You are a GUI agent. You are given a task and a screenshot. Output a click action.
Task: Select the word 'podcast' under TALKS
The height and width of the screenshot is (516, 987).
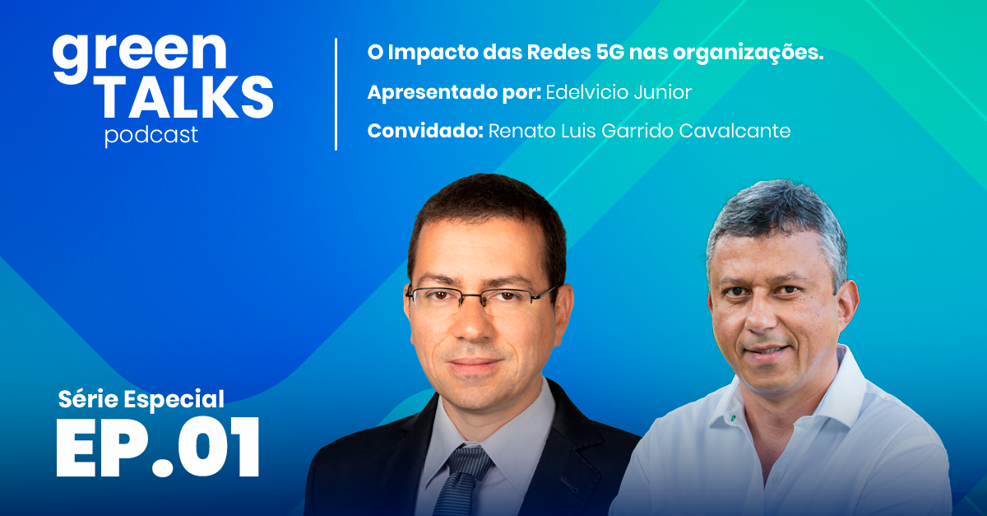click(x=151, y=135)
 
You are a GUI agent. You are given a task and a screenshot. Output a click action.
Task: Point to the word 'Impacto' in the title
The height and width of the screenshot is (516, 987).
click(x=427, y=53)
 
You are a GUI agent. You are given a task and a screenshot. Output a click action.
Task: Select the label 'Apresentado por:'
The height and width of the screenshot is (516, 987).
click(x=453, y=92)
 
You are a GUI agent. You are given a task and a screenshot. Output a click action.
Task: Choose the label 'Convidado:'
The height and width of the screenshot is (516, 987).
click(x=424, y=131)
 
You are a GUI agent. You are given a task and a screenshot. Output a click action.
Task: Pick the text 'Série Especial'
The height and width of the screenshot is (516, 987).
click(x=141, y=399)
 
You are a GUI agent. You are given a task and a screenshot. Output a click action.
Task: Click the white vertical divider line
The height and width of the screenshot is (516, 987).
click(x=336, y=94)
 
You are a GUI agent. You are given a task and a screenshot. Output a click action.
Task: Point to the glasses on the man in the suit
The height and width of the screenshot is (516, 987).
click(x=481, y=297)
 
